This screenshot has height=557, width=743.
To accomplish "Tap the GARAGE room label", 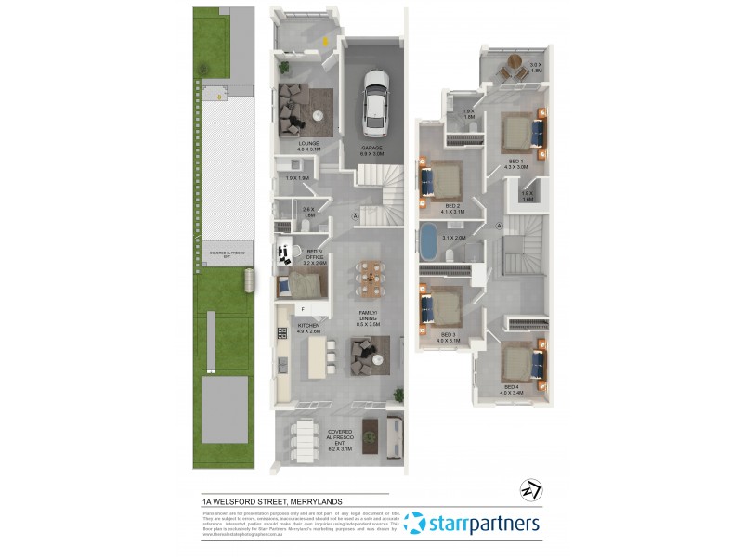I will (372, 150).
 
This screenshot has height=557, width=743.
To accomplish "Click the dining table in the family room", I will (371, 276).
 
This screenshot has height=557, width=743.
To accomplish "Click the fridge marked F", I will (303, 309).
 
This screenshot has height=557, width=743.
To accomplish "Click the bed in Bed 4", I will (521, 362).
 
